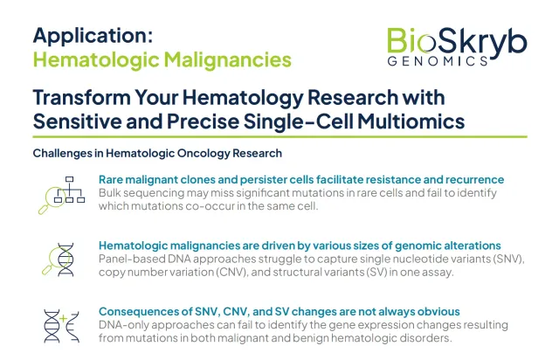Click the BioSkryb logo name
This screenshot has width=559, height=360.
pos(457,42)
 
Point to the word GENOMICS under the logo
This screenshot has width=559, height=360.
pos(438,61)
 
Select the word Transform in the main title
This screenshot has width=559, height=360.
pos(81,97)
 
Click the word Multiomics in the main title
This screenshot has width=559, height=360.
pos(411,121)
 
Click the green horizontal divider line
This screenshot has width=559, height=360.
pos(279,136)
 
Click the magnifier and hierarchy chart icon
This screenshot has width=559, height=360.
pos(62,195)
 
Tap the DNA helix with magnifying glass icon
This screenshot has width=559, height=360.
pos(59,260)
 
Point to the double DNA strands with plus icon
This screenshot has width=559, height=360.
pos(61,327)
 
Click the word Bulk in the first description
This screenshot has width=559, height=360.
pos(109,193)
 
